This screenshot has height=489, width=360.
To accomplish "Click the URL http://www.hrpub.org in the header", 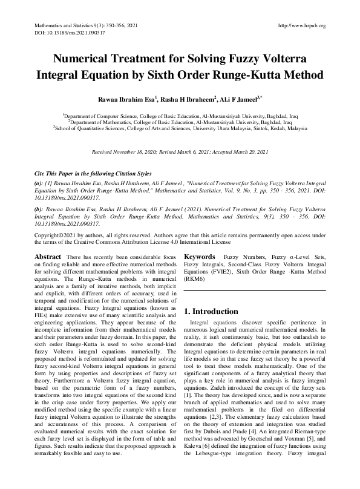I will (301, 25).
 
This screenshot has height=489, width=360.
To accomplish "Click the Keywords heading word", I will (200, 257).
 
